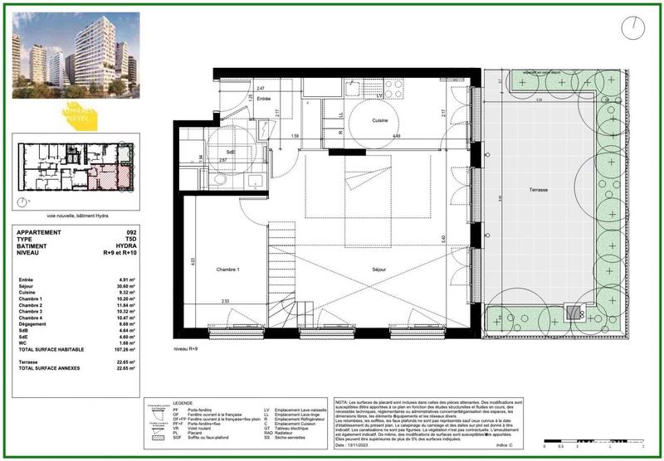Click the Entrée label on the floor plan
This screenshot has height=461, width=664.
pyautogui.click(x=264, y=99)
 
